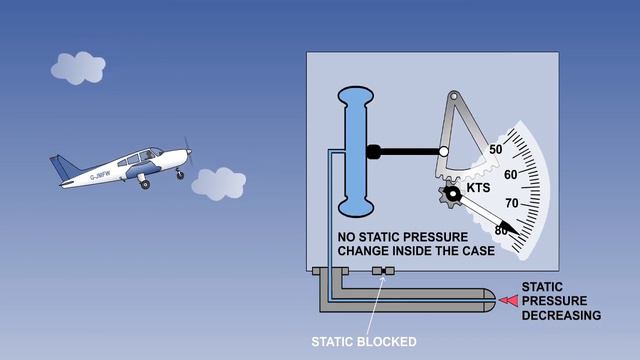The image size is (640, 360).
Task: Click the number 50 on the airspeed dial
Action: pyautogui.click(x=496, y=150)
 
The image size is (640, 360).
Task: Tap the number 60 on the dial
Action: pyautogui.click(x=510, y=176)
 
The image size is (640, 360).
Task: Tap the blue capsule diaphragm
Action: pyautogui.click(x=356, y=150)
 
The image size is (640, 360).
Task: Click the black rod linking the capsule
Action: pyautogui.click(x=405, y=152)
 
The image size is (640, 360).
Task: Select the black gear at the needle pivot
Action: pyautogui.click(x=452, y=194)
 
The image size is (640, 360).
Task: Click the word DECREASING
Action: pyautogui.click(x=561, y=316)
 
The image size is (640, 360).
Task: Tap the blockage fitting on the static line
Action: pyautogui.click(x=381, y=272)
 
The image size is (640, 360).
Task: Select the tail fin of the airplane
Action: pyautogui.click(x=62, y=164)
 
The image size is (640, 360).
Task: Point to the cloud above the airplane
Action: pyautogui.click(x=77, y=68)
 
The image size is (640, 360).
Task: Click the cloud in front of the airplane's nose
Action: pyautogui.click(x=218, y=184)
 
